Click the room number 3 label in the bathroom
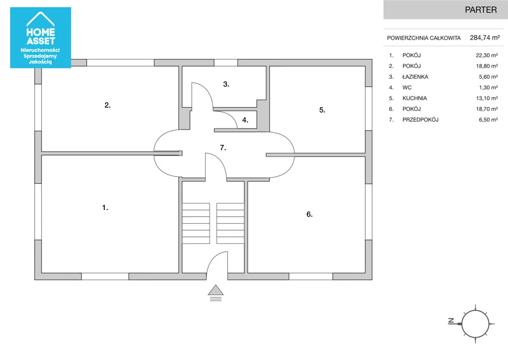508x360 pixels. (x=226, y=84)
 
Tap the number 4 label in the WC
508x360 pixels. (x=245, y=120)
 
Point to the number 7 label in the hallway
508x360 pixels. (x=223, y=148)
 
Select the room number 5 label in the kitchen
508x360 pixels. (x=322, y=110)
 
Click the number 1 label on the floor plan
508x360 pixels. (x=105, y=208)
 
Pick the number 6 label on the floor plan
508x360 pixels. (x=309, y=214)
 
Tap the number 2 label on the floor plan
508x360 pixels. (x=108, y=105)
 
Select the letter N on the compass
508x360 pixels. (x=451, y=321)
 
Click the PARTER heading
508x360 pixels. (x=481, y=10)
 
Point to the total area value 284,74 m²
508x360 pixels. (x=485, y=38)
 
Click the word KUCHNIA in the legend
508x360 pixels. (x=414, y=98)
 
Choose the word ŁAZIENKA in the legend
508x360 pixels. (x=415, y=77)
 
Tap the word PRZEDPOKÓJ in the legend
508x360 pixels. (x=420, y=119)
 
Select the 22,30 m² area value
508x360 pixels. (x=487, y=55)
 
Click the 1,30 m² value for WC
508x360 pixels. (x=488, y=88)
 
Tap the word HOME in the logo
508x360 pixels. (x=41, y=32)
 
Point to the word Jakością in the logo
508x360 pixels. (x=40, y=62)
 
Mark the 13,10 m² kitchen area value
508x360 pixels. (x=487, y=98)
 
